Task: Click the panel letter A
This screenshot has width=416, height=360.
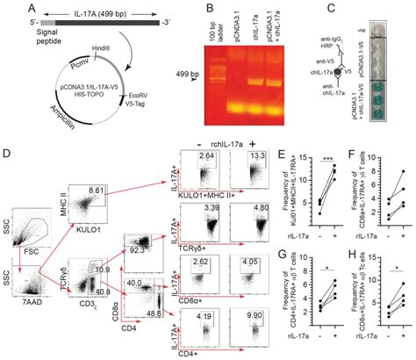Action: [7, 7]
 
